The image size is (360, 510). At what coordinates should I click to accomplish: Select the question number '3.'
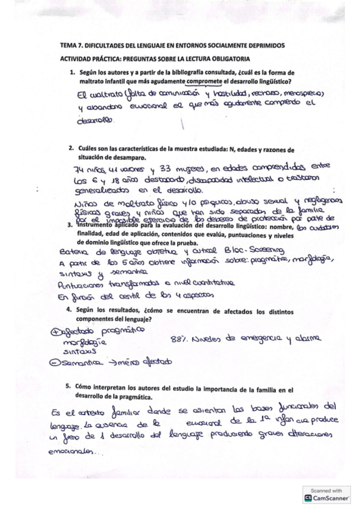point(70,226)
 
